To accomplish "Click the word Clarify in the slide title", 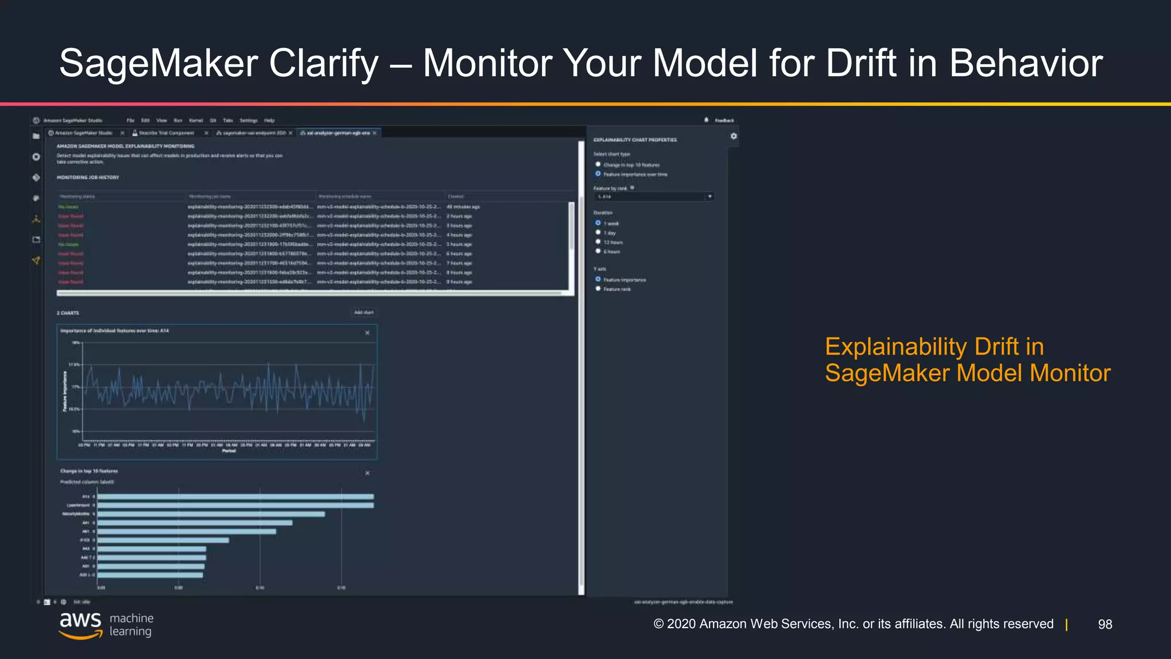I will pos(324,63).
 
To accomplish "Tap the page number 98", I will pos(1105,624).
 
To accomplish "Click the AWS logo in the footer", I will pos(81,625).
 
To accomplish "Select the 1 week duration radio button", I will pos(598,223).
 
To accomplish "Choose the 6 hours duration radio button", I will pos(598,251).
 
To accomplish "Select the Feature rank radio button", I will pos(598,289).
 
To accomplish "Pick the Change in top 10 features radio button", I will pos(598,165).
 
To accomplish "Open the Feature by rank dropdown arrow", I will pos(710,197).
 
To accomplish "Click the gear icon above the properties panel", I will pos(734,136).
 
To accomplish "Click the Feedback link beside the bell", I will pos(724,121).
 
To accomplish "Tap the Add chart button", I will pos(364,312).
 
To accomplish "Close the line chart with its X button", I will pos(367,332).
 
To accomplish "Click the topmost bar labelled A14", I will pos(235,497).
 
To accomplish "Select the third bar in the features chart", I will pos(211,514).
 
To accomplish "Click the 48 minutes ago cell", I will pos(463,207).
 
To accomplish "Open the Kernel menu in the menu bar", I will pos(196,121).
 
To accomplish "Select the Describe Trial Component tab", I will pos(166,133).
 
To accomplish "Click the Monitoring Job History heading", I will pos(88,178).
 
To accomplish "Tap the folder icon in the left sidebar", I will pos(36,136).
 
